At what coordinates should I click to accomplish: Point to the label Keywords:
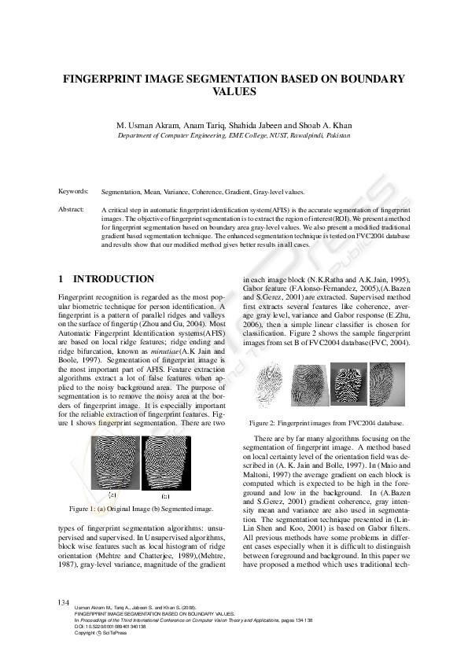(x=74, y=192)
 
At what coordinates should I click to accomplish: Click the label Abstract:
(x=72, y=210)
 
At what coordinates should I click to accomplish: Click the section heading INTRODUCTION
(x=113, y=279)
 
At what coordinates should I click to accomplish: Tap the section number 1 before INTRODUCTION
(x=61, y=279)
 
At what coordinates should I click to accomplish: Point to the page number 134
(x=64, y=601)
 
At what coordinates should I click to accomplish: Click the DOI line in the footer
(x=110, y=627)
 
